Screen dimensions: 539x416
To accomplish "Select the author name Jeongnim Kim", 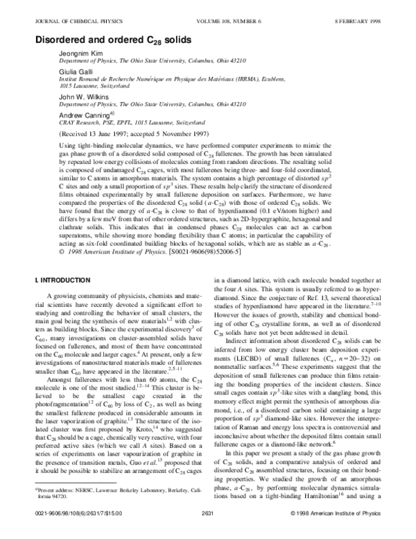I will [76, 56].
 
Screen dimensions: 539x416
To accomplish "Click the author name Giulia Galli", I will [70, 72].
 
